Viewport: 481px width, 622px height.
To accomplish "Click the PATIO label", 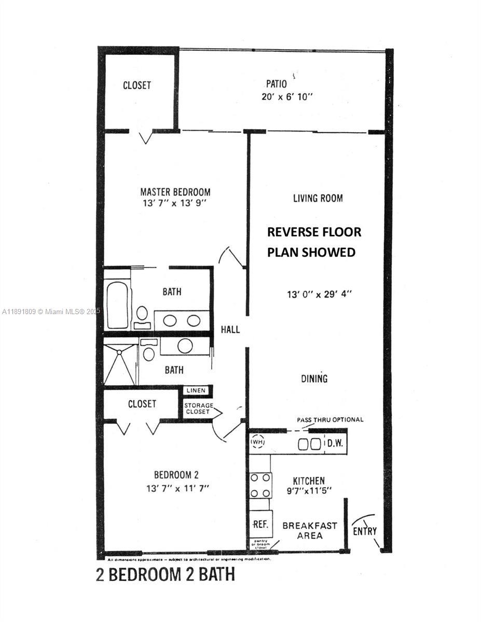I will pos(276,83).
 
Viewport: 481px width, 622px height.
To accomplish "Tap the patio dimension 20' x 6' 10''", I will pos(287,97).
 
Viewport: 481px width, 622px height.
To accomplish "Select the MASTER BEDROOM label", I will pos(175,191).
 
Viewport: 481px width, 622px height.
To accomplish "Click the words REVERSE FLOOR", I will pos(314,232).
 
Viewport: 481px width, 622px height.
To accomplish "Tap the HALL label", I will pos(230,329).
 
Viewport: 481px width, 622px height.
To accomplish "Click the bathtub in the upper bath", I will pos(117,304).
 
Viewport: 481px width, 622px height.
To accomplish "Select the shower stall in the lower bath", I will pos(120,361).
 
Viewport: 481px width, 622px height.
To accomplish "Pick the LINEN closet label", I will pos(196,390).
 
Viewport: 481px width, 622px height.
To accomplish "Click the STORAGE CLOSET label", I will pos(197,408).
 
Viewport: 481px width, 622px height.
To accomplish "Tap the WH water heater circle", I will pos(257,442).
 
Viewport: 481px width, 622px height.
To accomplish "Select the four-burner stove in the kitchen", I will pos(260,485).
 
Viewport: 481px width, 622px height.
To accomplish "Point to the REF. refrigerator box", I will pos(260,524).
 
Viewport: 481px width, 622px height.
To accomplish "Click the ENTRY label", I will pos(365,531).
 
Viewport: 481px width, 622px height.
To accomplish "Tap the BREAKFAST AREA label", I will pos(310,530).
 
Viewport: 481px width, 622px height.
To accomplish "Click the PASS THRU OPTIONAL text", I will pos(330,419).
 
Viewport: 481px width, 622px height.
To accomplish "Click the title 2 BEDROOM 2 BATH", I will pos(166,574).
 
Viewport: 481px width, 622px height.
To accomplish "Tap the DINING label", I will pos(314,378).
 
